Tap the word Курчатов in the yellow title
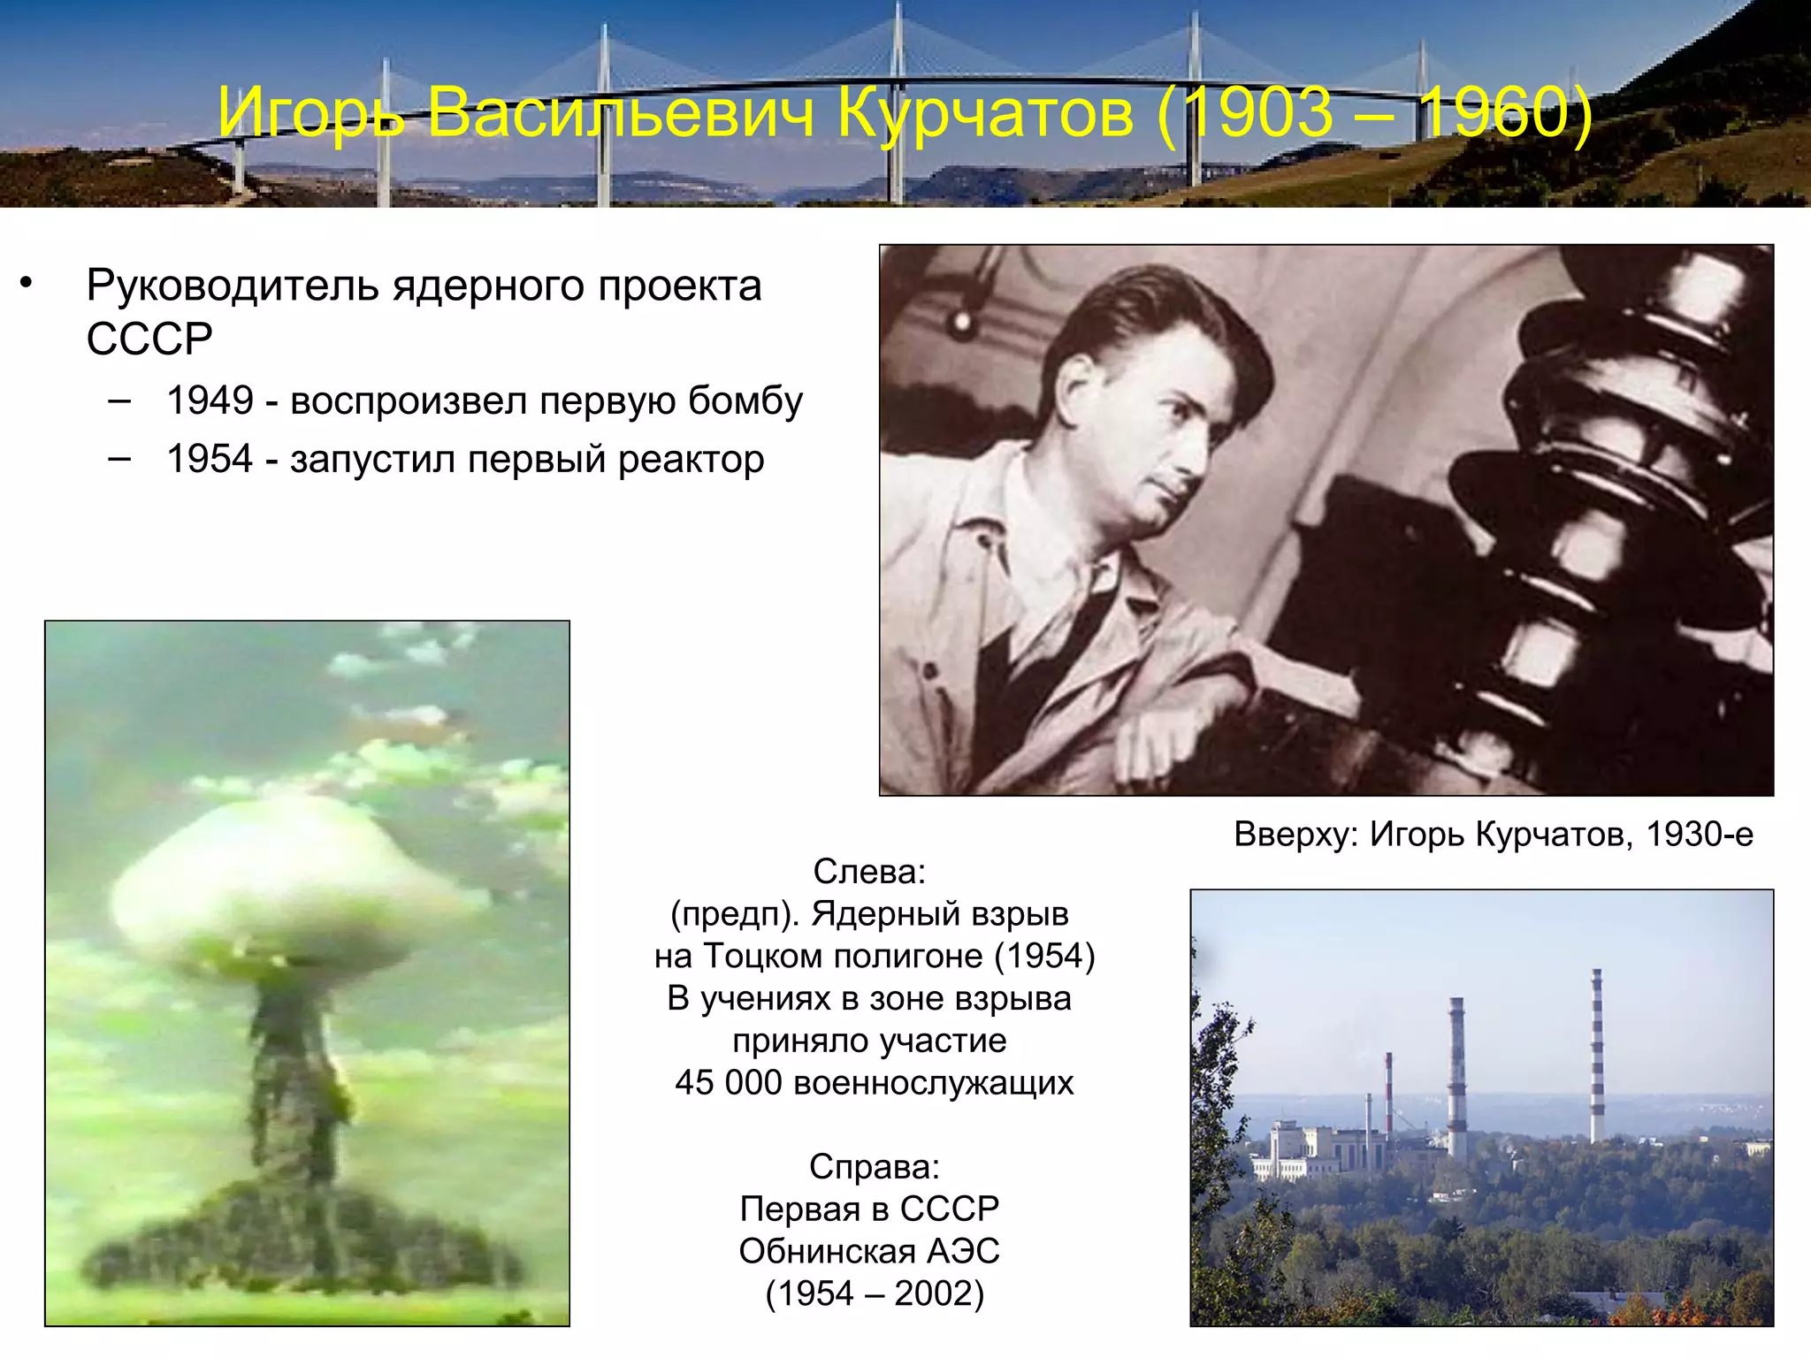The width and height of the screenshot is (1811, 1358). pos(984,113)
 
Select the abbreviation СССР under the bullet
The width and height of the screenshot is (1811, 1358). pos(149,339)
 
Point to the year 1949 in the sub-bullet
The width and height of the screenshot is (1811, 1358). pos(210,401)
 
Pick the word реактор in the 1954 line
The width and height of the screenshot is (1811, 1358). pos(691,460)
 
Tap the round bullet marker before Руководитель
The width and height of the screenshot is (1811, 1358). pos(27,283)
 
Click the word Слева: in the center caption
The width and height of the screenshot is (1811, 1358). pos(869,872)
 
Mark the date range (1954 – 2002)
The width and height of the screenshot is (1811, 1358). pos(874,1293)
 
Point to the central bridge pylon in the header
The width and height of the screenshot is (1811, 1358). pos(898,97)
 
